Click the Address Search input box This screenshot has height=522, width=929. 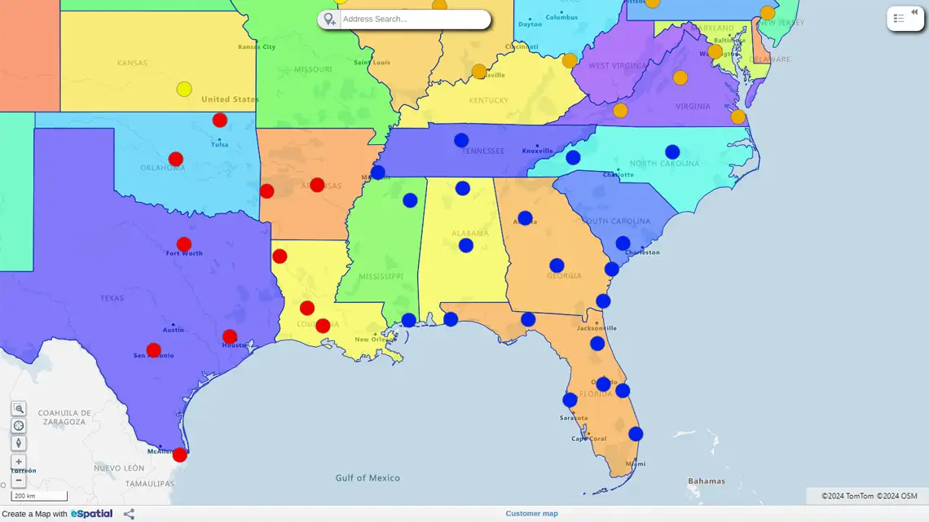pos(414,19)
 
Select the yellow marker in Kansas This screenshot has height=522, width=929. pos(184,89)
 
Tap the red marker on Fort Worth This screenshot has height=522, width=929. pos(184,244)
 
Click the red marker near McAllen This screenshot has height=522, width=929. pos(179,454)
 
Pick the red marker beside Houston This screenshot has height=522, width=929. pos(230,336)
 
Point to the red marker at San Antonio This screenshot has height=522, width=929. pos(153,350)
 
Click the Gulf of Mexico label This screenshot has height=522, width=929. pos(368,478)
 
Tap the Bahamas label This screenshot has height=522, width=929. pos(706,480)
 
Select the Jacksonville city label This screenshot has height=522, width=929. pos(596,328)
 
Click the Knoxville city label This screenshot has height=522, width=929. pos(538,151)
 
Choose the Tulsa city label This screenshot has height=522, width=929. pos(219,144)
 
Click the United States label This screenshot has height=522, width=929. pos(230,99)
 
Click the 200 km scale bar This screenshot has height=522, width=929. pos(39,496)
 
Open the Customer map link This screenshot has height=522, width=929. pos(531,514)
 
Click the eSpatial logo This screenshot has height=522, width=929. pos(91,514)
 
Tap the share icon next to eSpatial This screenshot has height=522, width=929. pos(129,514)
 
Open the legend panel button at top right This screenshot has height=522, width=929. pos(905,19)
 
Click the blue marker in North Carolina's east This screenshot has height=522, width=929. pos(672,151)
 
